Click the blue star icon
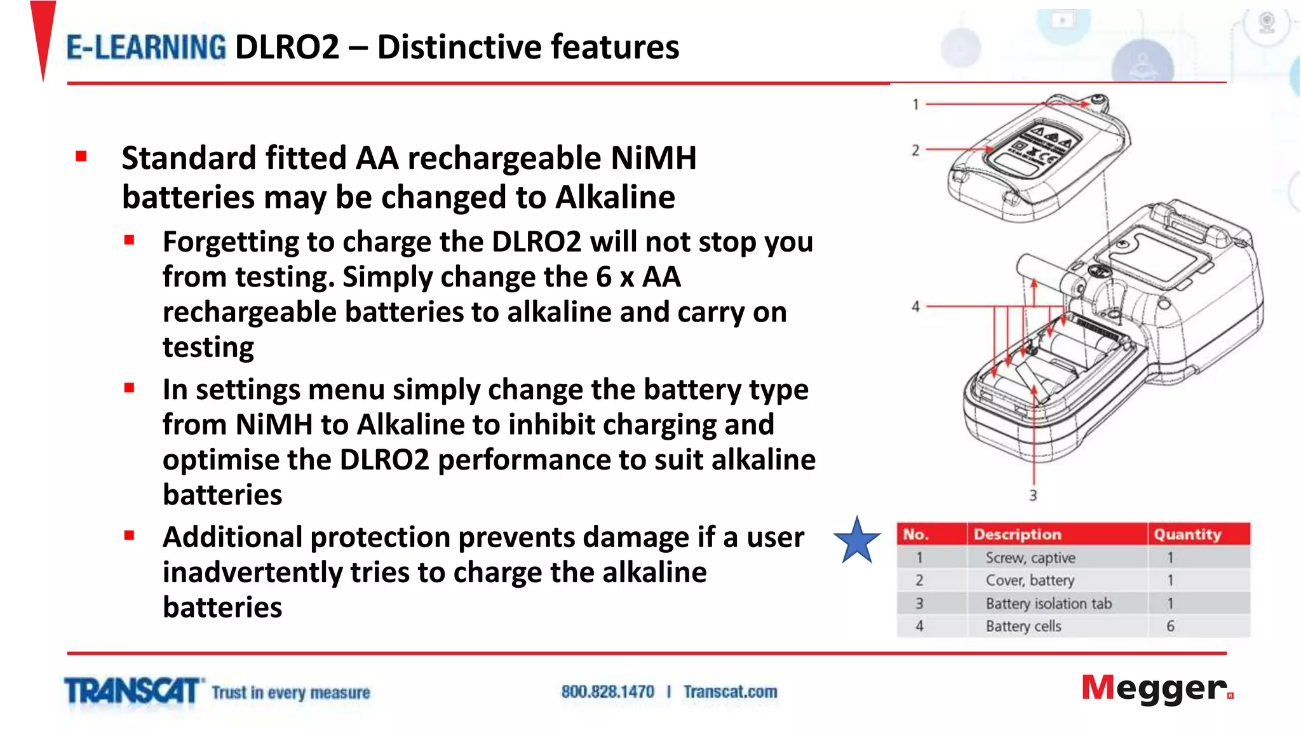857,541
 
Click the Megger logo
1157,689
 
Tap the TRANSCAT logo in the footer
133,691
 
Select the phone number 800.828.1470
607,691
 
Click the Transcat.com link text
730,691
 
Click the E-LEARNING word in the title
146,48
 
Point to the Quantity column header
1187,534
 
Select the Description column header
1017,534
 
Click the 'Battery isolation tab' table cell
1048,604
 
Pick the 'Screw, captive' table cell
1030,558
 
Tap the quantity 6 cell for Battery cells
1170,627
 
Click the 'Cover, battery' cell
1030,581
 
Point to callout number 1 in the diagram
915,104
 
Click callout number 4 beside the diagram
915,306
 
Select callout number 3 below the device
1033,495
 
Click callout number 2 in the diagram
915,151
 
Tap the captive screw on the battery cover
1098,101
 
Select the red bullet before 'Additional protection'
130,536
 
